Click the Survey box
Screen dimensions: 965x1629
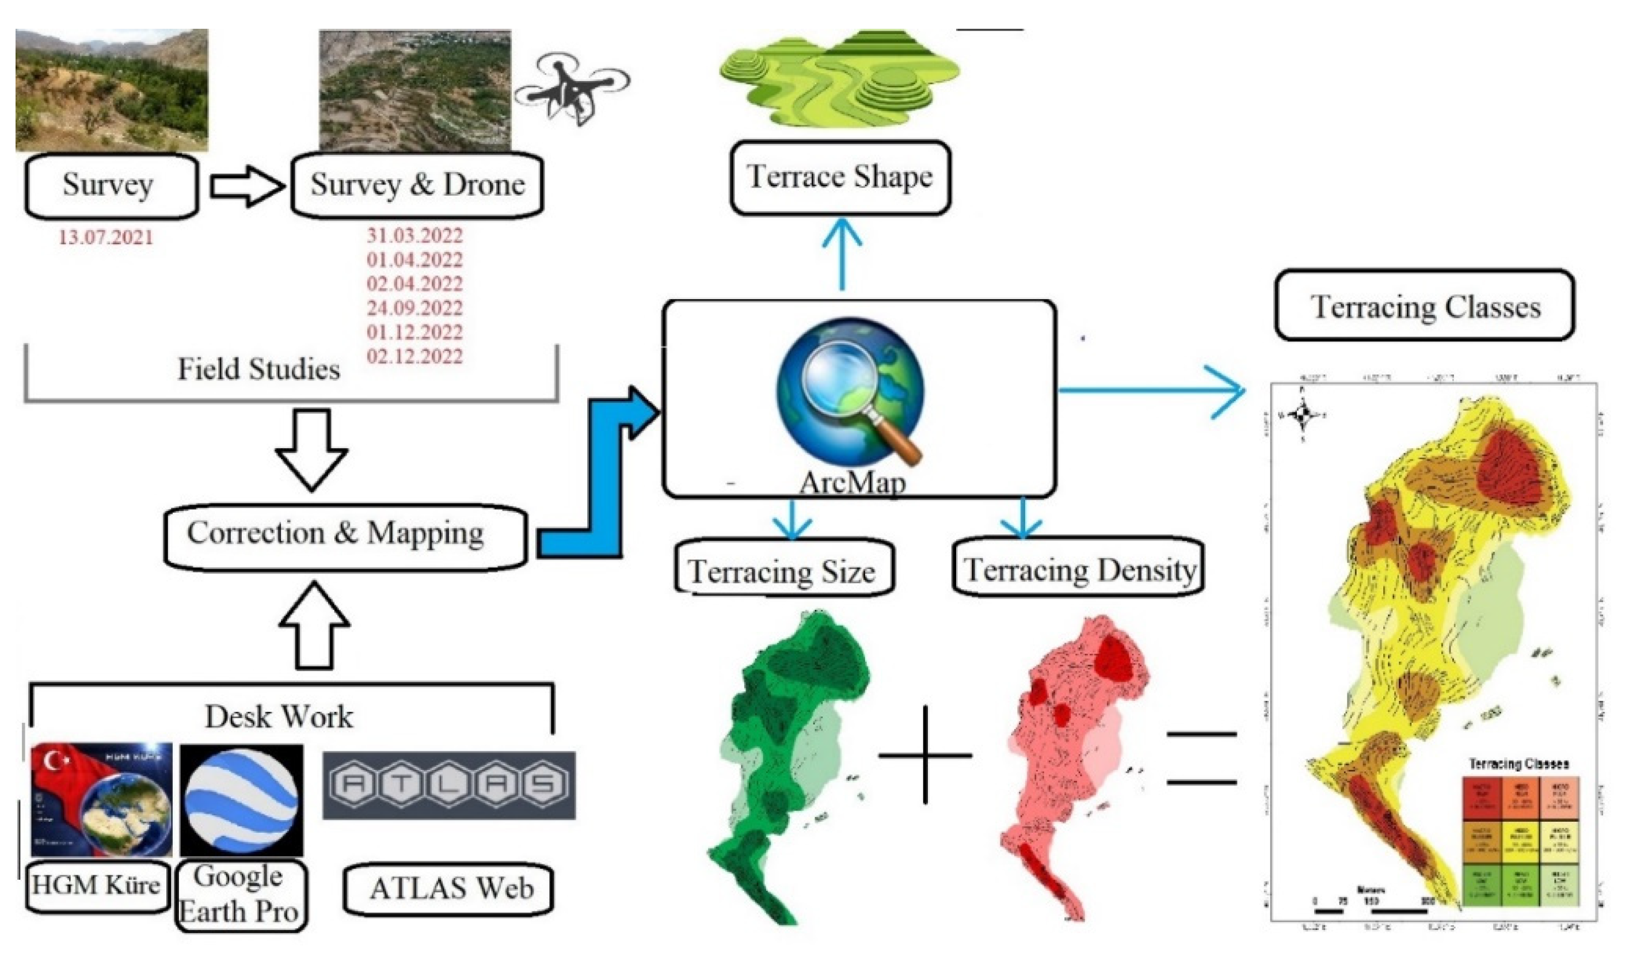[x=111, y=186]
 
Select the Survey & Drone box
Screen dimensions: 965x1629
[x=417, y=186]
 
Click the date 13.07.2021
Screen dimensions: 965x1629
[x=106, y=237]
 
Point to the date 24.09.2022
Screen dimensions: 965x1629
[x=414, y=308]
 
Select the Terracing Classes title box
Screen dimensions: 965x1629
[x=1424, y=306]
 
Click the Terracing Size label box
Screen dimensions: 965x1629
[x=783, y=569]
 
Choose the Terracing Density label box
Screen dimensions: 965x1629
[x=1078, y=568]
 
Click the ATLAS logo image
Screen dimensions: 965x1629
[x=449, y=785]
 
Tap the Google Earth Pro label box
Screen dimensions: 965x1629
[x=241, y=895]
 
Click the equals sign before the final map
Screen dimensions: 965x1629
[x=1201, y=758]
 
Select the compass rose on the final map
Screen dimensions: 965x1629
[x=1303, y=414]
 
